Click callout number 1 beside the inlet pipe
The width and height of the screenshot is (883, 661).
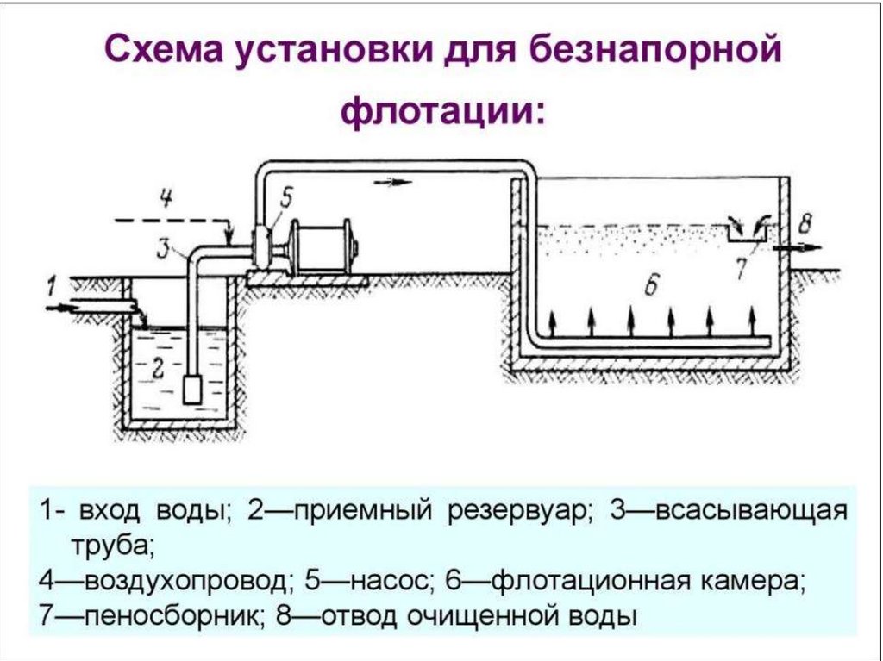click(x=52, y=284)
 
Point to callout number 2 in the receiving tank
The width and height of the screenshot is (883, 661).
click(x=157, y=368)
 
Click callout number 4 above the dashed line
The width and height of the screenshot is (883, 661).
click(x=166, y=199)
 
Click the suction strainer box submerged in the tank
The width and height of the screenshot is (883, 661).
click(x=194, y=389)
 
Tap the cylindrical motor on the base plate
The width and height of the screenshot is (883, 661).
click(x=322, y=247)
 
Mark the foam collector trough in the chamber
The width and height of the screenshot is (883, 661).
click(x=740, y=231)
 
